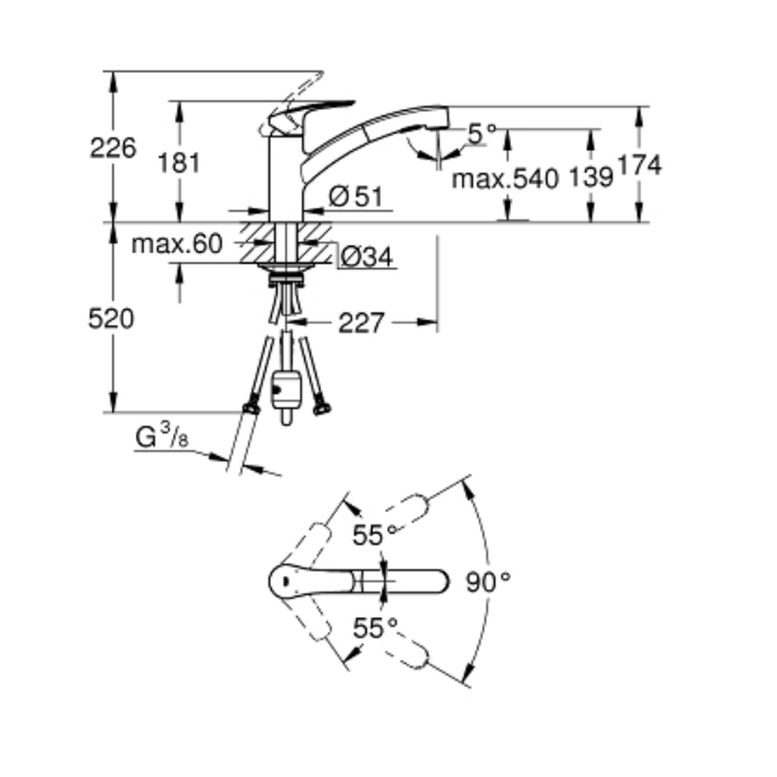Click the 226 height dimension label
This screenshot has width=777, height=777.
tap(113, 148)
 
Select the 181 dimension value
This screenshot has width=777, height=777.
tap(179, 163)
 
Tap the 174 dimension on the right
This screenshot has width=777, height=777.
tap(639, 165)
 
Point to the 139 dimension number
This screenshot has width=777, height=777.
tap(591, 177)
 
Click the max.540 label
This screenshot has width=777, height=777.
tap(505, 179)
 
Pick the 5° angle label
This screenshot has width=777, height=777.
tap(483, 134)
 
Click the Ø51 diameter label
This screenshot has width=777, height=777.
tap(356, 197)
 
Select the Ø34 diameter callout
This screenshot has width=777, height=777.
tap(368, 257)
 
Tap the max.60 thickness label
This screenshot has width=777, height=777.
tap(177, 244)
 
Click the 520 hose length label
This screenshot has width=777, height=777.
tap(111, 319)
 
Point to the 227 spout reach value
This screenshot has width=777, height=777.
tap(361, 323)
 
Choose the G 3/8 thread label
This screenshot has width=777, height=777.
tap(162, 436)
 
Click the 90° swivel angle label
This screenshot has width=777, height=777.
tap(488, 582)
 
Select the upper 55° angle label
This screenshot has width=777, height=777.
tap(375, 535)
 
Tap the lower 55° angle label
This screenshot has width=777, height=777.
tap(375, 629)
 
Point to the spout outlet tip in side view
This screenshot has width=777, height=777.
tap(439, 128)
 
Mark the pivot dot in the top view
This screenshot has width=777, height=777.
tap(285, 580)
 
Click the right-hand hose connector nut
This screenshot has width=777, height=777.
tap(322, 409)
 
